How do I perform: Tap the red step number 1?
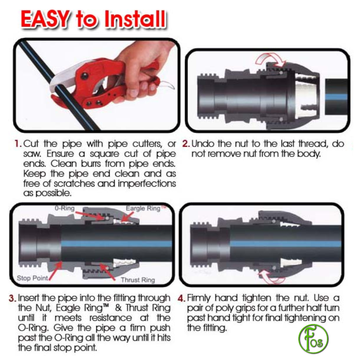[18, 144]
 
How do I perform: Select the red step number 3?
[13, 298]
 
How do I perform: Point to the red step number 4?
[181, 298]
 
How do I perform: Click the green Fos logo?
[313, 339]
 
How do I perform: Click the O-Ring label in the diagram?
[64, 208]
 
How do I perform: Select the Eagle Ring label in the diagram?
[143, 209]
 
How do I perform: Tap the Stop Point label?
[32, 278]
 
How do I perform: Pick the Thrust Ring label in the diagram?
[138, 280]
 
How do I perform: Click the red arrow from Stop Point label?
[55, 271]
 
